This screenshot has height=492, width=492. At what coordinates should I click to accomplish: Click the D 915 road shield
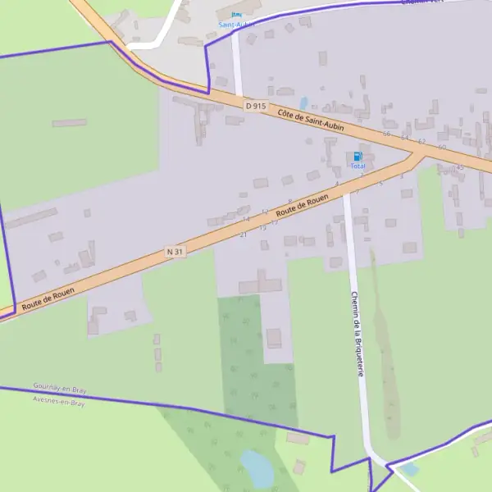coord(256,106)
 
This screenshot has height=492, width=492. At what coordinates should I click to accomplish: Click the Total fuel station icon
coord(358,156)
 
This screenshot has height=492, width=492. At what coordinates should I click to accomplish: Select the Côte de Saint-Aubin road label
coord(310,121)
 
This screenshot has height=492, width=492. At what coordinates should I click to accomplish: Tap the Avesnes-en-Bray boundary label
coord(59,403)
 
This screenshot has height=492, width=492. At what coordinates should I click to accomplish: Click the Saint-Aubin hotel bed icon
coord(237,14)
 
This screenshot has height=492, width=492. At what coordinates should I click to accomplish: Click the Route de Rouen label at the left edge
coord(48,298)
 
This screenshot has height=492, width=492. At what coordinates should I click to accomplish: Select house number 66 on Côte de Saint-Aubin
coord(387,134)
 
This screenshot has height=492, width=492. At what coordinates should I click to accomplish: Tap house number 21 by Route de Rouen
coord(243,235)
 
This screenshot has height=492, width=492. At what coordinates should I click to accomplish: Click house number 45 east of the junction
coord(460,167)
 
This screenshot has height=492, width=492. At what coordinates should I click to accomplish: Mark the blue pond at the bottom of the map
coord(257,468)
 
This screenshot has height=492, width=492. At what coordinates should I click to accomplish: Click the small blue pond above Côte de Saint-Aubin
coord(305,103)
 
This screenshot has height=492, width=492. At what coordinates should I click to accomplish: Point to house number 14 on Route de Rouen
coord(245,219)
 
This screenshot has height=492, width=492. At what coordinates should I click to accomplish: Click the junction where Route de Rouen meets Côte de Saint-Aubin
coord(418,154)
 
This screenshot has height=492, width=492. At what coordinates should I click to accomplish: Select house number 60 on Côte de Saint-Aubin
coord(441,148)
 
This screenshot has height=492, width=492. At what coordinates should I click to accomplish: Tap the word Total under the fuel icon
coord(358,166)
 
